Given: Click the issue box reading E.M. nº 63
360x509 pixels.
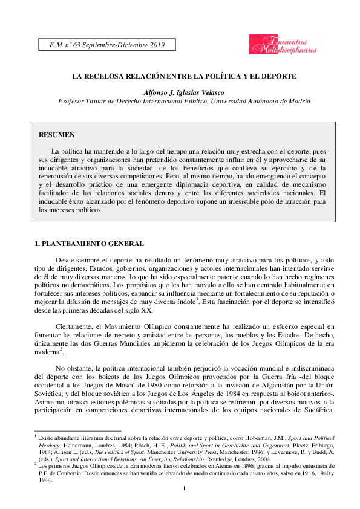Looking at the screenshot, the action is (x=106, y=45).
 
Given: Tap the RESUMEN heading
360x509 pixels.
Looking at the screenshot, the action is (x=56, y=134).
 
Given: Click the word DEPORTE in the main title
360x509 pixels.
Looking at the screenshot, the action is (x=278, y=77).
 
